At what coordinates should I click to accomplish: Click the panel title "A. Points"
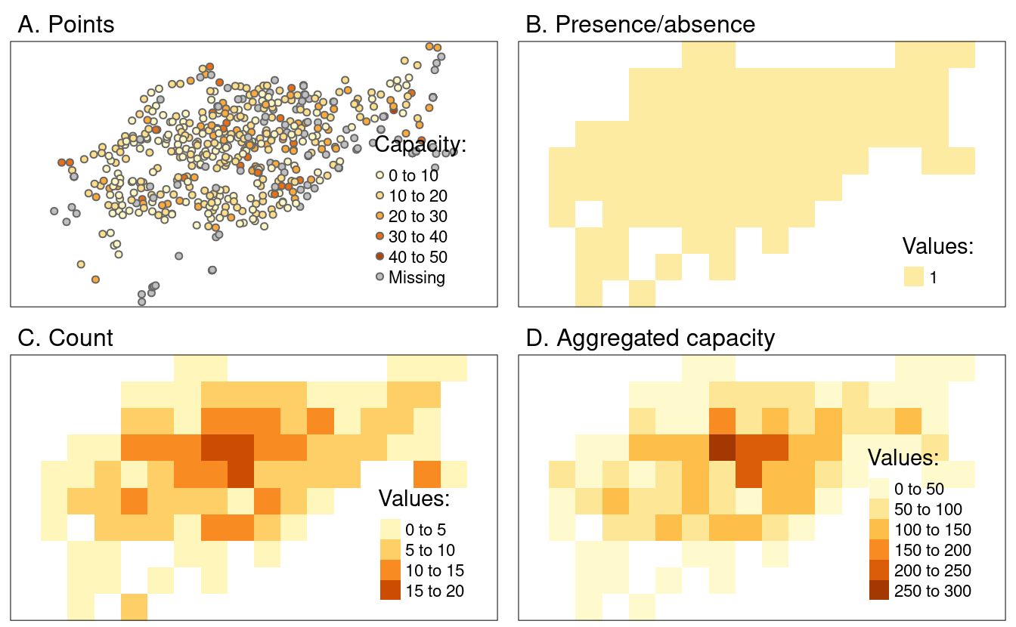[66, 24]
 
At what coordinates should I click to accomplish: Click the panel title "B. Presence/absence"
[640, 24]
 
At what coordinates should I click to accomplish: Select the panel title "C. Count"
[65, 337]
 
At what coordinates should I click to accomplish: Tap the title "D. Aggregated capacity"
[649, 338]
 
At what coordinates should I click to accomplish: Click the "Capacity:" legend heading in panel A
[420, 144]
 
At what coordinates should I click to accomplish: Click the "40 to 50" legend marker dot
[379, 257]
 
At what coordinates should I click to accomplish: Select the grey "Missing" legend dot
[379, 277]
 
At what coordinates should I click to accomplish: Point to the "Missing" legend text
[417, 277]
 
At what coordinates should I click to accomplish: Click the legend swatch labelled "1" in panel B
[914, 277]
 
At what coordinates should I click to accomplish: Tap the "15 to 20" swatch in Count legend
[390, 590]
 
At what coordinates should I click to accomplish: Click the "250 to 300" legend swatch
[879, 590]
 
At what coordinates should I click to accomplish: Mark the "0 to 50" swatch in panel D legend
[879, 489]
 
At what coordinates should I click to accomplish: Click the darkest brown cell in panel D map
[723, 447]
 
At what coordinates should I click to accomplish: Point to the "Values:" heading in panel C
[414, 499]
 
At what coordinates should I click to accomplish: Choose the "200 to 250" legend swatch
[879, 570]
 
